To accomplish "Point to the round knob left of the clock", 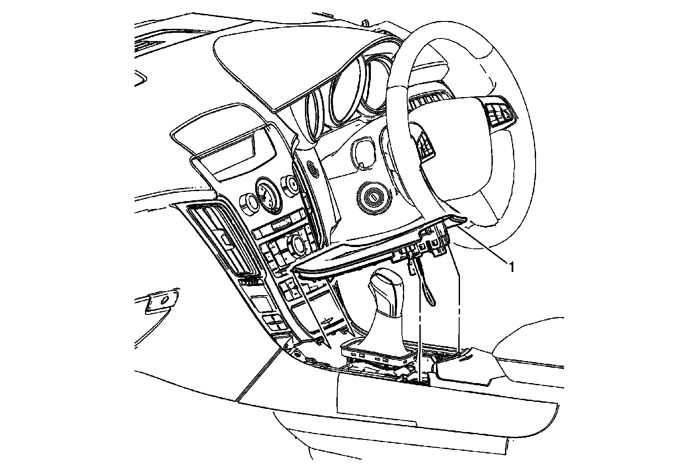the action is tap(248, 202).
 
